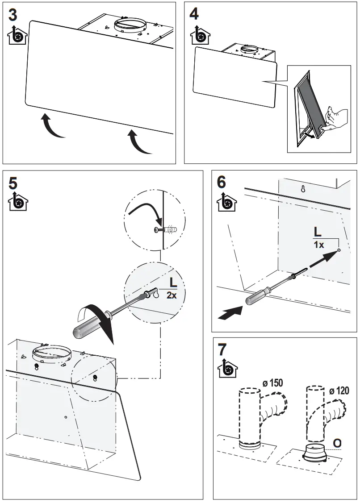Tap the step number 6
(222, 182)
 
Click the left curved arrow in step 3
(52, 127)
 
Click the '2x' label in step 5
(172, 295)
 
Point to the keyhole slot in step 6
(303, 188)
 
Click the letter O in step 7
(337, 442)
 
